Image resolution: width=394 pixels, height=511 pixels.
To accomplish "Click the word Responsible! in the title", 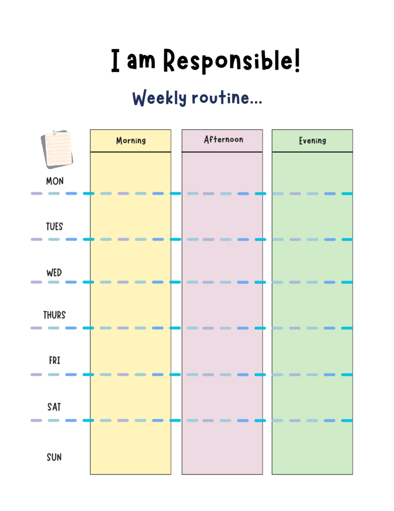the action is pyautogui.click(x=231, y=60).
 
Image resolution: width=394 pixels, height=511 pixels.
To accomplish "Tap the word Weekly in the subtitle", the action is pyautogui.click(x=159, y=98).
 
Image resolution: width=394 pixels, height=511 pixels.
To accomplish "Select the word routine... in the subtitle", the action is pyautogui.click(x=227, y=97).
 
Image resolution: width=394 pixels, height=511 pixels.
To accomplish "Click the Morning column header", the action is pyautogui.click(x=131, y=140).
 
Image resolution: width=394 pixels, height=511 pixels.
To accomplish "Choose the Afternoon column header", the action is pyautogui.click(x=224, y=140).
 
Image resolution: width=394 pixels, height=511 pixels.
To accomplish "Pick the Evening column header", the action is pyautogui.click(x=312, y=140).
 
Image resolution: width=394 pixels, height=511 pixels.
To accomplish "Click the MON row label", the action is pyautogui.click(x=55, y=181).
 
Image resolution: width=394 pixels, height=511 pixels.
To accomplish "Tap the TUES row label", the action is pyautogui.click(x=54, y=227).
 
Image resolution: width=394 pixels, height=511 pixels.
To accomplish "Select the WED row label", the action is pyautogui.click(x=54, y=272).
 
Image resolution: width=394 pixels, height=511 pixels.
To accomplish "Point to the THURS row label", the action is pyautogui.click(x=54, y=315).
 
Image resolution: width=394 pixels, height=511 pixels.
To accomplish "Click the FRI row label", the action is pyautogui.click(x=55, y=360).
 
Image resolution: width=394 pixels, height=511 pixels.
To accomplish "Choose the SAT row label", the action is pyautogui.click(x=54, y=407).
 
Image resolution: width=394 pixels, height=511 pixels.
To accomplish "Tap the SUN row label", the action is pyautogui.click(x=54, y=457).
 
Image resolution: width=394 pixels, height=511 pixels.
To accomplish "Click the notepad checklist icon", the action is pyautogui.click(x=57, y=149).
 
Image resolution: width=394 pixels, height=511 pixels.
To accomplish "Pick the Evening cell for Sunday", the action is pyautogui.click(x=312, y=448).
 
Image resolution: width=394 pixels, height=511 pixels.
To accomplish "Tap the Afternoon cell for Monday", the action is pyautogui.click(x=222, y=173).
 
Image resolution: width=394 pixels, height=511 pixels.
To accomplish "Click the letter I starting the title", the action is pyautogui.click(x=115, y=60).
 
